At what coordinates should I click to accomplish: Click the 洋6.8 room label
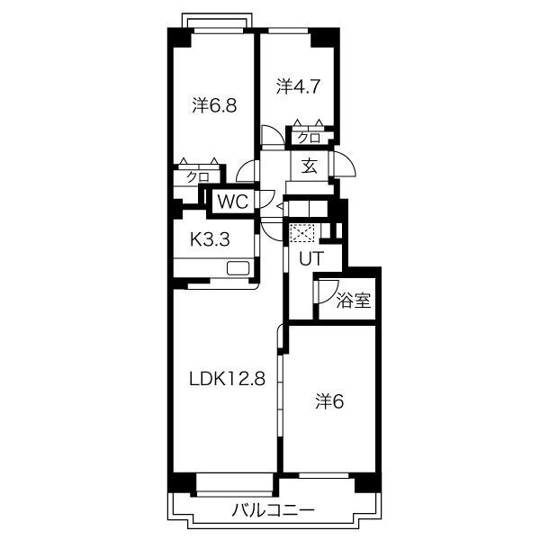pos(214,105)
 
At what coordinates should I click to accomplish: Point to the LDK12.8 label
pos(226,379)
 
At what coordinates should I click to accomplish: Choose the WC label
pos(232,202)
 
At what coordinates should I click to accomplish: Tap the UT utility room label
pos(310,258)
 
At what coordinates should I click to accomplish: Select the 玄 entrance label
pos(309,166)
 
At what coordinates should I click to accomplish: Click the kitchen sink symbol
pos(238,268)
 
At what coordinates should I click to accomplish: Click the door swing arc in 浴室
pos(324,290)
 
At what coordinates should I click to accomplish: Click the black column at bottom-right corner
pos(366,482)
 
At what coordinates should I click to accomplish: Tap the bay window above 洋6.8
pos(216,20)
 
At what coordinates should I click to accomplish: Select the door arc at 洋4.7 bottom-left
pos(271,136)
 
